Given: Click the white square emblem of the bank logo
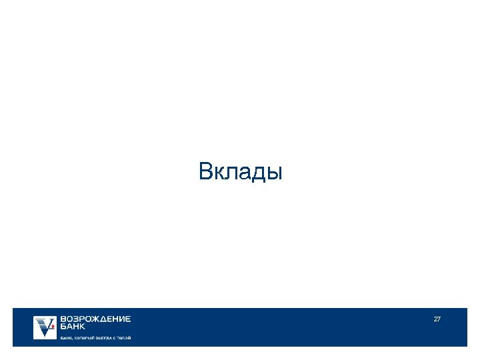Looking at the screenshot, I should coord(45,327).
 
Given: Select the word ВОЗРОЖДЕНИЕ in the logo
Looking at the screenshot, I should coord(95,319).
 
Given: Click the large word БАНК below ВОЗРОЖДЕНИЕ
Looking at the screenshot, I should coord(73,327).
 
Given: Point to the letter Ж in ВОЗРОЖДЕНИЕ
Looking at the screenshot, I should coord(91,319).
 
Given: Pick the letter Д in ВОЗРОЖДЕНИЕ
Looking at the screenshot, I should coord(99,319).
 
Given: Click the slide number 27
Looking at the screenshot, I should coord(437,319).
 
